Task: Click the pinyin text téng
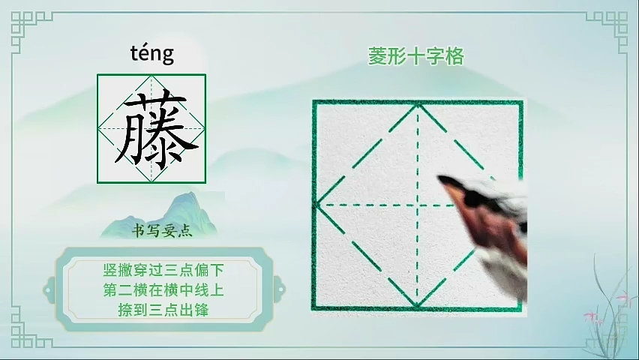(x=152, y=53)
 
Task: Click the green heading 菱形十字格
(x=416, y=56)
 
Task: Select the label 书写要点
(x=162, y=231)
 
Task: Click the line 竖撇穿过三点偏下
(x=163, y=270)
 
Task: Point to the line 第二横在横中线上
(x=163, y=290)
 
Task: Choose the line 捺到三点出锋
(x=163, y=310)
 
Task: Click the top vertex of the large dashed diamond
(x=418, y=105)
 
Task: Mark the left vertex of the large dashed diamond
(x=317, y=205)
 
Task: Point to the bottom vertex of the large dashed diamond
(x=417, y=305)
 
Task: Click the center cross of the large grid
(x=418, y=205)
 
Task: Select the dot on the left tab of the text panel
(x=49, y=290)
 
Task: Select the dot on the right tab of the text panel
(x=280, y=290)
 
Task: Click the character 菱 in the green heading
(x=377, y=56)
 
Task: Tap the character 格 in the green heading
(x=455, y=56)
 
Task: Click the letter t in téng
(x=133, y=53)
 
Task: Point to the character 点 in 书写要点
(x=185, y=232)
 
